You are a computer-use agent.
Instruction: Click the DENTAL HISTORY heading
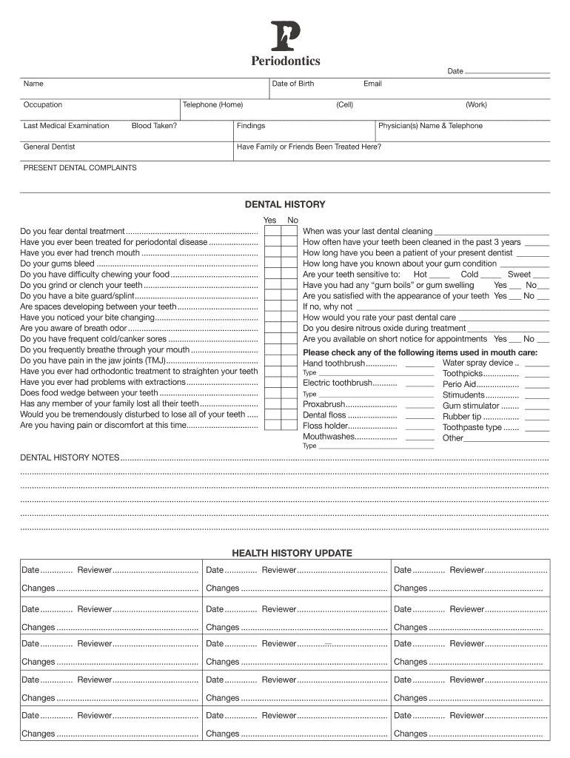285,204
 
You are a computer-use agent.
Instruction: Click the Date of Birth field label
293,84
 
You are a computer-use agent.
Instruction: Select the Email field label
372,84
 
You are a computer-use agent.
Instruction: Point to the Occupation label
43,105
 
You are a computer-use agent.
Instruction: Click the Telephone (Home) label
212,105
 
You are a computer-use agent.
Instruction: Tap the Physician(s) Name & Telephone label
430,126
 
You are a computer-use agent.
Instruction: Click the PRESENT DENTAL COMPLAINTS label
80,168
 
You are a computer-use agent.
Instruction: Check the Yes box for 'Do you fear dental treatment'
271,232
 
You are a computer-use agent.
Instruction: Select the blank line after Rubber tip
537,418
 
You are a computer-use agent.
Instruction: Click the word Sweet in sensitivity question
519,275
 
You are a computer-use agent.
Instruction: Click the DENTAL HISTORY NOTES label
69,457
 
